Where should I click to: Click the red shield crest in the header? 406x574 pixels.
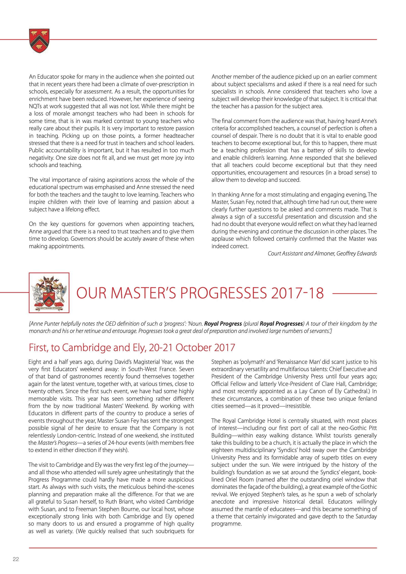pos(39,40)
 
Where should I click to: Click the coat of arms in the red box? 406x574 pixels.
pos(49,292)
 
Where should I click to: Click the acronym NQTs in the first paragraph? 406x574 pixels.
pos(35,106)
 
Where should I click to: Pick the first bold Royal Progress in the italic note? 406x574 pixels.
pos(223,324)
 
